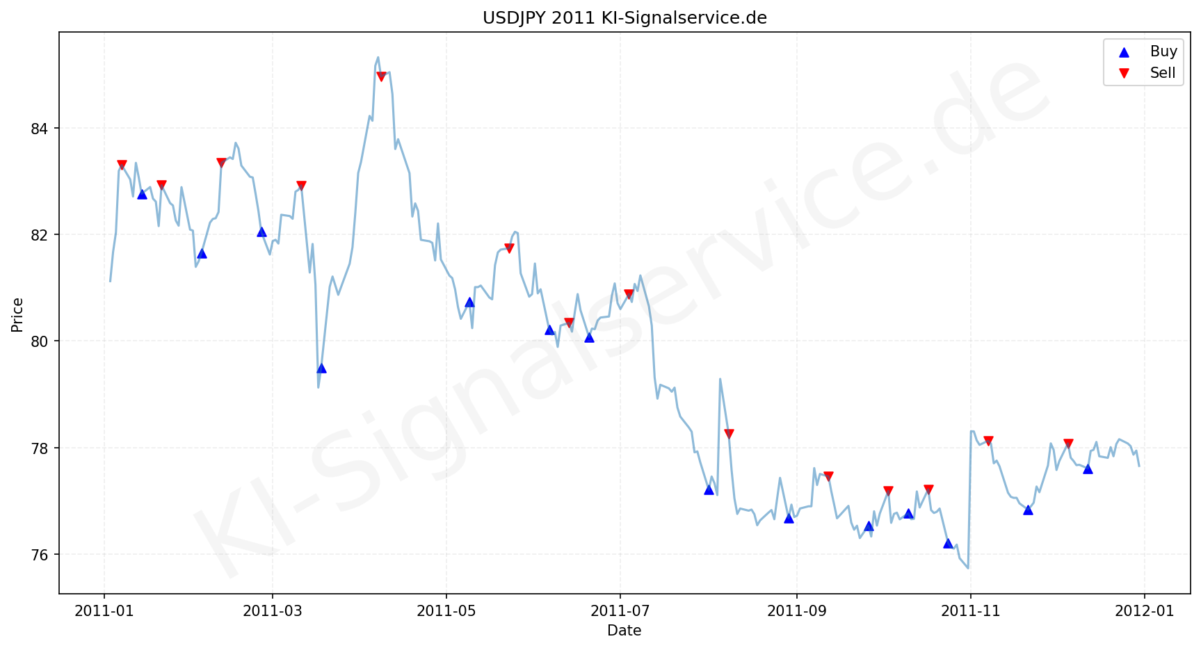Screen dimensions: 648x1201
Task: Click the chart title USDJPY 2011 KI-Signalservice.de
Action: [624, 17]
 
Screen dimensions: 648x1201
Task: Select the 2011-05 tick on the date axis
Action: [446, 611]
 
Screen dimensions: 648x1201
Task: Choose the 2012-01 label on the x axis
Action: [1145, 611]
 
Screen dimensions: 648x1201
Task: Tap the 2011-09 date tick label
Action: [796, 611]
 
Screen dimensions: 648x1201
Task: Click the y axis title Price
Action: [17, 314]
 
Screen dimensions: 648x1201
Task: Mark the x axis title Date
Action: [624, 631]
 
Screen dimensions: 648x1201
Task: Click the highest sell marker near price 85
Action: [381, 76]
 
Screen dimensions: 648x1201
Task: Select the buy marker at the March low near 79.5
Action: [321, 368]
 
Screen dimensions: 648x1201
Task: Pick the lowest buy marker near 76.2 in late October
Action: [948, 543]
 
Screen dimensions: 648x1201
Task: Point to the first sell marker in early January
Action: [122, 165]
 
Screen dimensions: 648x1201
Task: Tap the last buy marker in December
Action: [1088, 469]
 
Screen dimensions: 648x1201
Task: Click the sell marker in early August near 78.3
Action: [729, 434]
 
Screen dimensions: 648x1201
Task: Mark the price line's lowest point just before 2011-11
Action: [968, 568]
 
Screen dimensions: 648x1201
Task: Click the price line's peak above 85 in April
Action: [378, 58]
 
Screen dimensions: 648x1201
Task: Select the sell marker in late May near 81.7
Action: [509, 248]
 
